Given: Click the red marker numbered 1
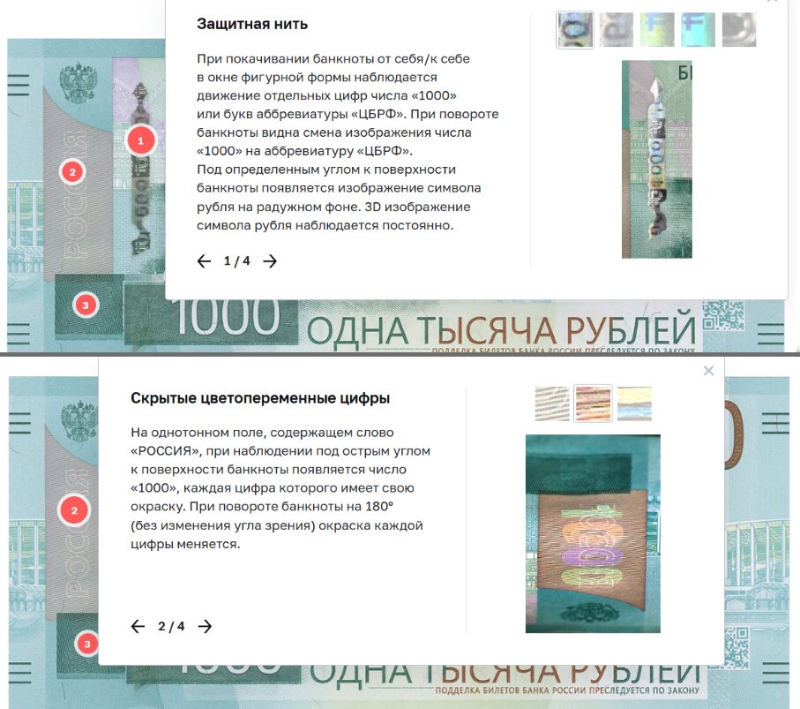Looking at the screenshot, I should tap(140, 140).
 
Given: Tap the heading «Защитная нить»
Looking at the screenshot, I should tap(251, 24).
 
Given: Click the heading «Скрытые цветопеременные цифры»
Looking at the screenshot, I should tap(259, 398).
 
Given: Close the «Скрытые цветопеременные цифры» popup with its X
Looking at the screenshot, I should tap(708, 371).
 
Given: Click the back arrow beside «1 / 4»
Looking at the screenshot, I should tap(204, 261).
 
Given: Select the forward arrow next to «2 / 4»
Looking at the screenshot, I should tap(205, 627).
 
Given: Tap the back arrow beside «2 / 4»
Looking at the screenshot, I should tap(138, 627).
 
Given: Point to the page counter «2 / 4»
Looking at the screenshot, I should tap(171, 627).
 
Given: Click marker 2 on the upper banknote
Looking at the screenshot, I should tap(73, 171).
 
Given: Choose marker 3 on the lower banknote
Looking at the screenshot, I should tap(86, 645).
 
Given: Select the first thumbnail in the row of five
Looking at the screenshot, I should tap(575, 29).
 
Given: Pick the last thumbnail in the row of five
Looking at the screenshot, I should tap(739, 29).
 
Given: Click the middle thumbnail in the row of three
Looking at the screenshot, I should tap(593, 404).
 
